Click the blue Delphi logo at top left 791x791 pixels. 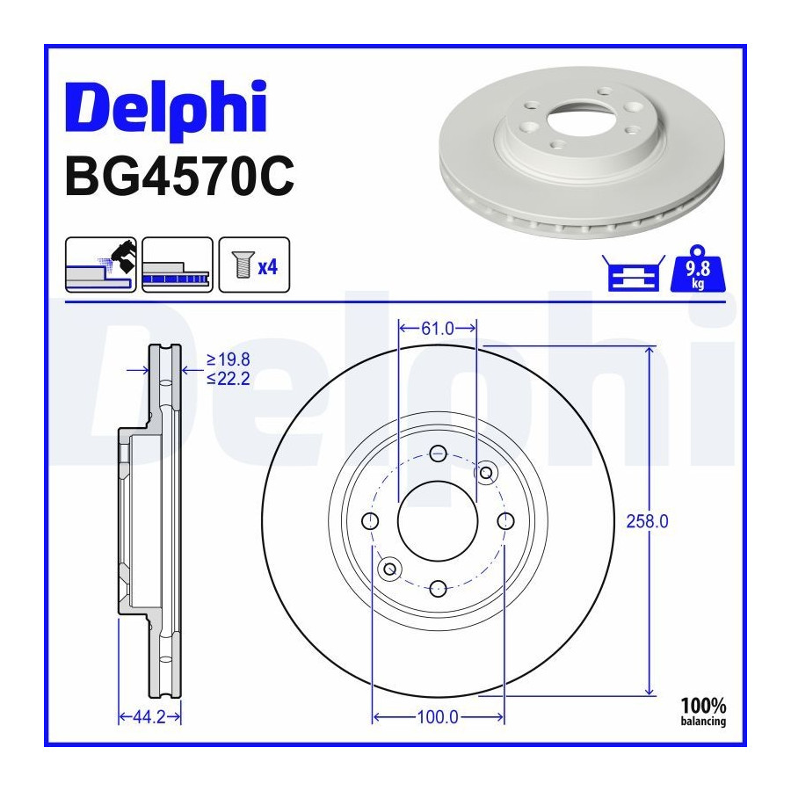[x=165, y=107]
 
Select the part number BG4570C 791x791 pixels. [x=179, y=177]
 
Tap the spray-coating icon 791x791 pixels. [x=101, y=265]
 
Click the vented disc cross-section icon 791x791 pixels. [x=178, y=265]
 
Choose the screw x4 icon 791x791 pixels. [x=254, y=265]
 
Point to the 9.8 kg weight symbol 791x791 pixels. [x=698, y=269]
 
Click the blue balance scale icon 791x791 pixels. [x=634, y=273]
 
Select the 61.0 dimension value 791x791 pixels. [x=438, y=329]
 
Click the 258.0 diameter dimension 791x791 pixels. [x=647, y=521]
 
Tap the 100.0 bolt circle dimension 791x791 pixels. [x=438, y=717]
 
